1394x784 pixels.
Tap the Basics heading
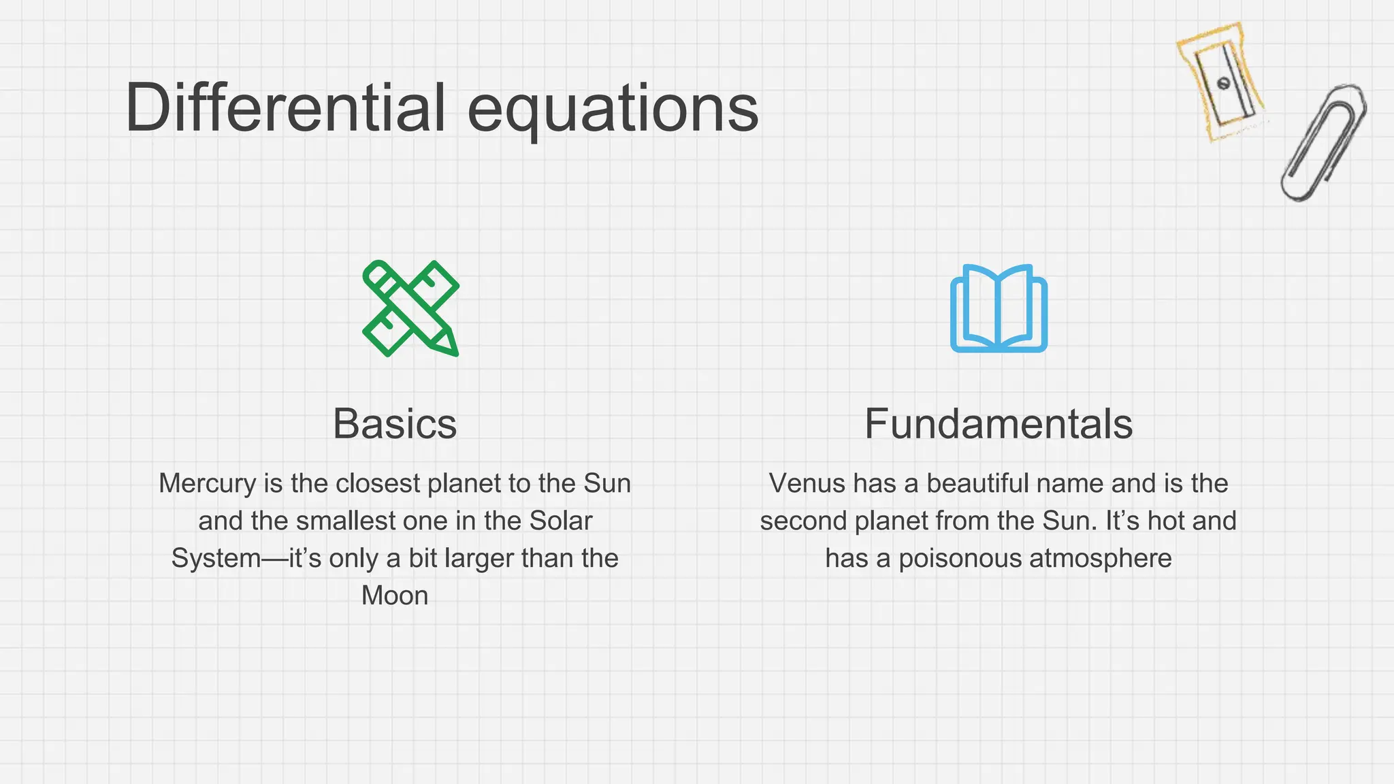pos(395,424)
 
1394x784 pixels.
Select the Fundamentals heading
pos(999,424)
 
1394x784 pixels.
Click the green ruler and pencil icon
pos(410,308)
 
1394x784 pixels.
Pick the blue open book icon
pos(999,308)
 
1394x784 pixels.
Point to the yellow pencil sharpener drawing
pos(1220,82)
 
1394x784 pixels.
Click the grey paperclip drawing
pos(1324,143)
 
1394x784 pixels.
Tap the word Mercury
pos(208,484)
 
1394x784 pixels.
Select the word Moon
pos(395,595)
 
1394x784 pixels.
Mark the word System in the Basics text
pos(216,559)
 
